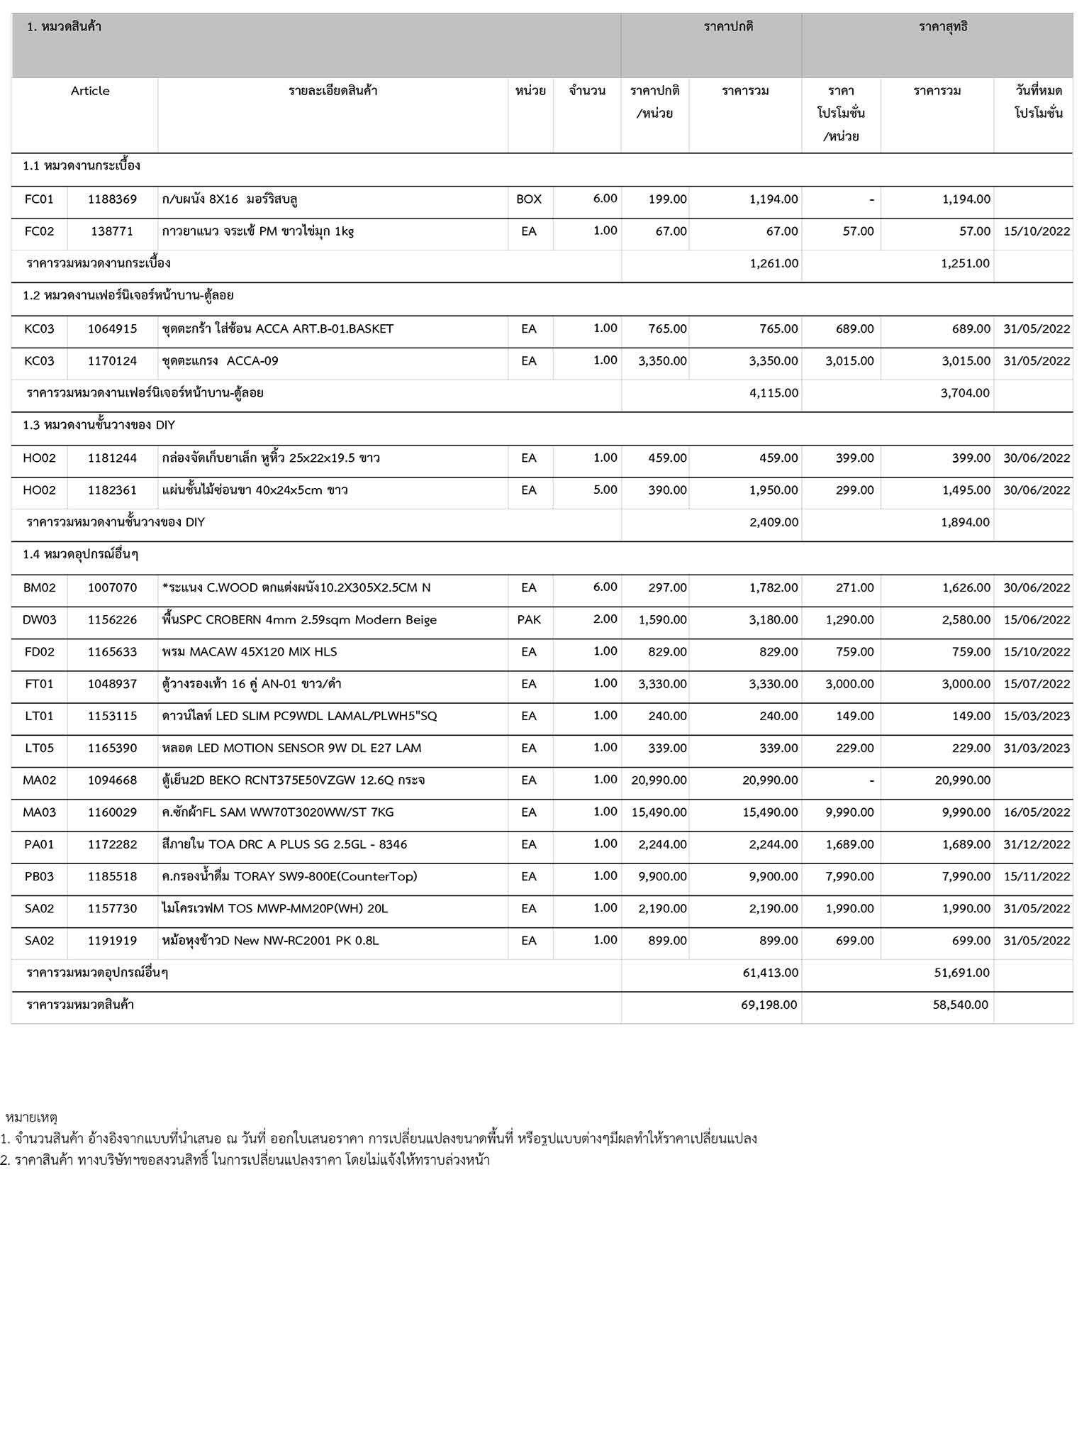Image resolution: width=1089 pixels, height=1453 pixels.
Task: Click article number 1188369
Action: click(112, 199)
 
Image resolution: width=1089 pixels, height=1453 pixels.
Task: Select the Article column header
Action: click(90, 91)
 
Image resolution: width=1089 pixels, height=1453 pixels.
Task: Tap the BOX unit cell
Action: click(529, 199)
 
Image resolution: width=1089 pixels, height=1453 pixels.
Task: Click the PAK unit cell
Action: click(529, 619)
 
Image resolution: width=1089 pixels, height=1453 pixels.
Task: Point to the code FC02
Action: click(39, 231)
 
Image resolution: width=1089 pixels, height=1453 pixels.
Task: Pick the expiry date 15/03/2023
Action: click(1037, 716)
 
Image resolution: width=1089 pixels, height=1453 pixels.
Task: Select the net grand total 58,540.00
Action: click(961, 1005)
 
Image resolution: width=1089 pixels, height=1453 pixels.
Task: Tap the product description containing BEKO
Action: click(294, 780)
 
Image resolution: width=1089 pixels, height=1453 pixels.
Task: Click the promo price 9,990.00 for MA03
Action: click(849, 812)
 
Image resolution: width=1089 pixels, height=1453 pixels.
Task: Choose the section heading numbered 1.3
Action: click(99, 425)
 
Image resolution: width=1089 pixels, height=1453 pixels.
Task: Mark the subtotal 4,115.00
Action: click(774, 393)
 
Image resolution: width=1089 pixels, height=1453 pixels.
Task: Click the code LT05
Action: click(39, 748)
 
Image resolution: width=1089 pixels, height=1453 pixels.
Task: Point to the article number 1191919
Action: click(112, 941)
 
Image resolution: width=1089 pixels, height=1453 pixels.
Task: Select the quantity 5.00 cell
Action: click(605, 490)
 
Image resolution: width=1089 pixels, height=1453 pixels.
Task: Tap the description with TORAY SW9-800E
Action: click(289, 877)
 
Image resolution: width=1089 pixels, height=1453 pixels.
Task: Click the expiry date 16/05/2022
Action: click(1037, 812)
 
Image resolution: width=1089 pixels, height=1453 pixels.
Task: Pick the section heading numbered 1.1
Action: click(82, 166)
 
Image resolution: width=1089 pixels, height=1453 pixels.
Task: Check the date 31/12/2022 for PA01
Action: click(1037, 844)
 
